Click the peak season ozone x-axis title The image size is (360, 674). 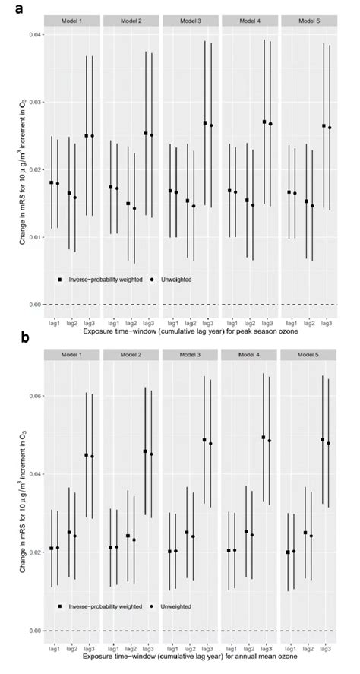tap(189, 331)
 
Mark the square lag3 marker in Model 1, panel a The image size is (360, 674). tap(87, 136)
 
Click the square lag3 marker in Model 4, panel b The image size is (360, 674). tap(264, 438)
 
